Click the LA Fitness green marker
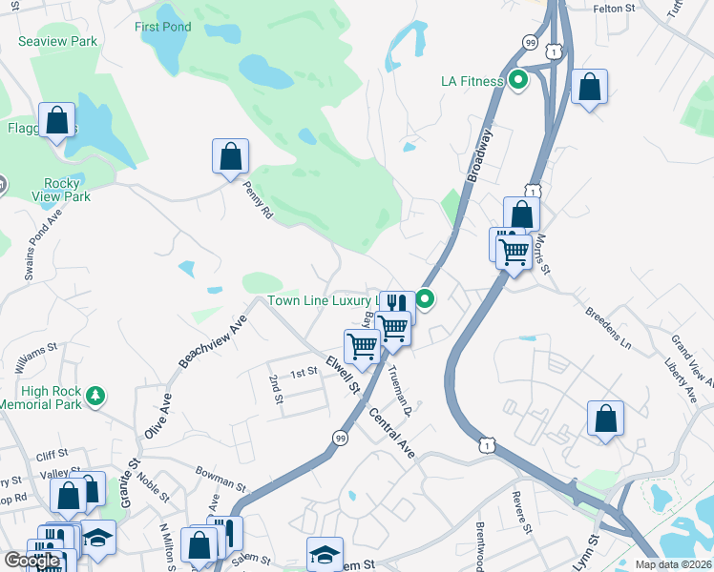point(517,81)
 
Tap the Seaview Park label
point(58,42)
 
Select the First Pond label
point(162,27)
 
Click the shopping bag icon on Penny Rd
point(230,157)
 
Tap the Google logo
point(31,561)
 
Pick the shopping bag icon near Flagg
point(57,121)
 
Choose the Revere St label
point(521,513)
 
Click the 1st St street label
point(304,372)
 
